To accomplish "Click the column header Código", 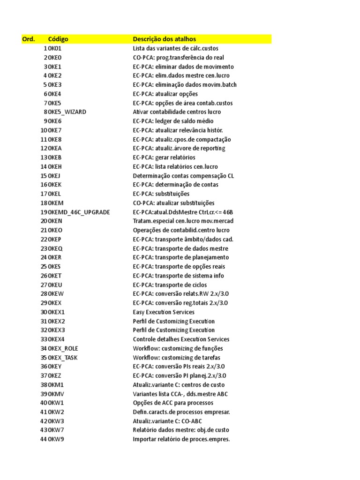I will coord(58,39).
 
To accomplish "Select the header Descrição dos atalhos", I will coord(164,39).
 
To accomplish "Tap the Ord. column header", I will coord(29,39).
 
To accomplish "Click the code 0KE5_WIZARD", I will coord(67,112).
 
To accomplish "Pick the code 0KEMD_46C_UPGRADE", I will coord(79,212).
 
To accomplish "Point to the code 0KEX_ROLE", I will coord(63,348).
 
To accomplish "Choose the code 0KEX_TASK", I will coord(63,357).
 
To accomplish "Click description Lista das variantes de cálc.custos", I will coord(175,48).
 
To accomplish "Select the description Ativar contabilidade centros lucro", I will coord(177,112).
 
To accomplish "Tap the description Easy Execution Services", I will coord(164,312).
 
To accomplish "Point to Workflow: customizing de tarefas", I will coord(176,357).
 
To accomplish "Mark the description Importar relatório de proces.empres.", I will coord(181,439).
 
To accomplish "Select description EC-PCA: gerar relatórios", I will coord(164,157).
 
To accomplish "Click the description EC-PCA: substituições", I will coord(161,194).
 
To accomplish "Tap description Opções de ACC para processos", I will coord(173,403).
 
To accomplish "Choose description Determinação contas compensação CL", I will coord(183,176).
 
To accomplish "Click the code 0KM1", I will coord(56,384).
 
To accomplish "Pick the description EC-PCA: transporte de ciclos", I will coord(170,285).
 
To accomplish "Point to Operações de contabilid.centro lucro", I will coord(181,230).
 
